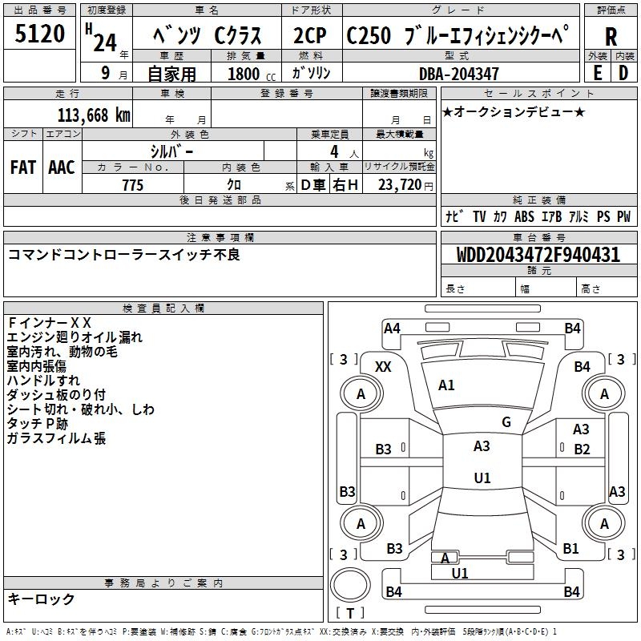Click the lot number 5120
(40, 34)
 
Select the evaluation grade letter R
(611, 36)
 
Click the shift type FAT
(23, 167)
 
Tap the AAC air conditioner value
(62, 167)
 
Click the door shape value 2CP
(311, 36)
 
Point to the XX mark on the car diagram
(383, 366)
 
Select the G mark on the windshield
(506, 422)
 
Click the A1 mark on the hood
(446, 385)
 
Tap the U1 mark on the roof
(482, 478)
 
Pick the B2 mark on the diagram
(582, 450)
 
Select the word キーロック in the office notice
(42, 599)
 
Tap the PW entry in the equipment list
(623, 216)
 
